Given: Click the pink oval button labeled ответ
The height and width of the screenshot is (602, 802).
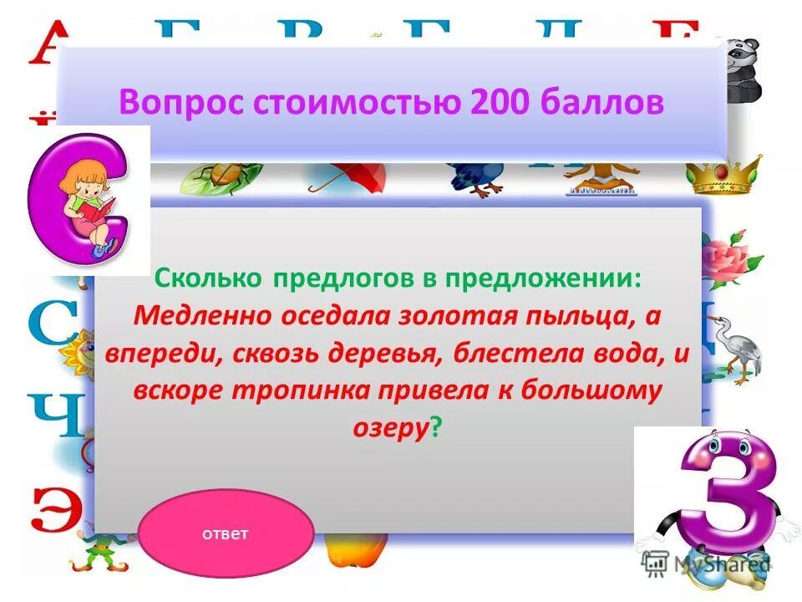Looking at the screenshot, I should point(226,534).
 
